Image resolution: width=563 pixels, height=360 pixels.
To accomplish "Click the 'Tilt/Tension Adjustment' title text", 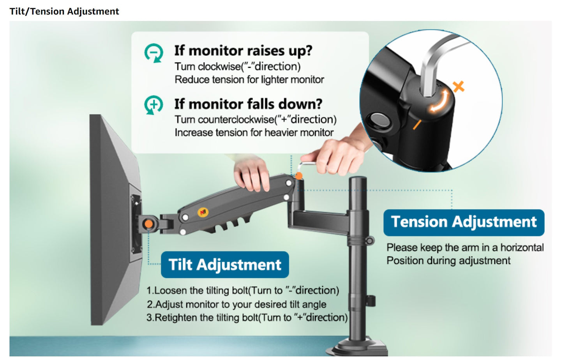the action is click(64, 11).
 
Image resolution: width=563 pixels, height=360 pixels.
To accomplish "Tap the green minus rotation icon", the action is click(154, 53).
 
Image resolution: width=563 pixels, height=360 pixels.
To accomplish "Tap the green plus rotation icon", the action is click(154, 105).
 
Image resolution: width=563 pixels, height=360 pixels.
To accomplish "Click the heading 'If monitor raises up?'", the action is click(243, 51).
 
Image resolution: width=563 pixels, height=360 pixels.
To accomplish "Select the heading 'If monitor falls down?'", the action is click(248, 104).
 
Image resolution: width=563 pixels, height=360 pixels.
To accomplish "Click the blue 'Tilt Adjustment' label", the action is click(225, 265).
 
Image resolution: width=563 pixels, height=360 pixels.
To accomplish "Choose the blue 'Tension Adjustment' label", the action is click(464, 222).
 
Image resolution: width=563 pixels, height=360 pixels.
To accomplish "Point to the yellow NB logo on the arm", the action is click(203, 212).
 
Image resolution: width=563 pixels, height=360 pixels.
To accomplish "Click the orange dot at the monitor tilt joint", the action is click(148, 224).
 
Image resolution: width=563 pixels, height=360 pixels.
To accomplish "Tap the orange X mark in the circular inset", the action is click(459, 86).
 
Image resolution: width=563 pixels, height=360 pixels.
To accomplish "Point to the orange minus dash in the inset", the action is click(417, 125).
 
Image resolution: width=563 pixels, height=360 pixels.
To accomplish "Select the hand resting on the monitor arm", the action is click(251, 176).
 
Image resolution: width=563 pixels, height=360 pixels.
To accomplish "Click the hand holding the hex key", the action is click(334, 154).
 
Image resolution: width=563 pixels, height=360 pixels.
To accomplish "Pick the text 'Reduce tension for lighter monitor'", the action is click(249, 80).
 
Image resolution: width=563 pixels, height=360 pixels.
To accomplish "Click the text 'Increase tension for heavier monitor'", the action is click(254, 133).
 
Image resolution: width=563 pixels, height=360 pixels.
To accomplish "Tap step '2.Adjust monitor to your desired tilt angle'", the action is click(236, 304).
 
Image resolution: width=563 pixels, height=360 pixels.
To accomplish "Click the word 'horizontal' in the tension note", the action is click(522, 248).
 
